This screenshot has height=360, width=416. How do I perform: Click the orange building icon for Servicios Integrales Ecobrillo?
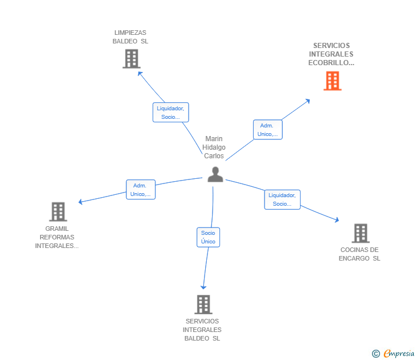pyautogui.click(x=332, y=81)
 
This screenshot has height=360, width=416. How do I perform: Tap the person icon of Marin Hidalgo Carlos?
pyautogui.click(x=215, y=174)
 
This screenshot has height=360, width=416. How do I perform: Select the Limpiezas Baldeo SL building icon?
pyautogui.click(x=131, y=58)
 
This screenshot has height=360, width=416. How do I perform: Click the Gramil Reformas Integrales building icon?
pyautogui.click(x=58, y=211)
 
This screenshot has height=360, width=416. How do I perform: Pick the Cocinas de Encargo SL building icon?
pyautogui.click(x=360, y=233)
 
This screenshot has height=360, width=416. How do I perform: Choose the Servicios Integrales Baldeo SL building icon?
pyautogui.click(x=203, y=305)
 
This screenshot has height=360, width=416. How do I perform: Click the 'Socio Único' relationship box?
pyautogui.click(x=208, y=237)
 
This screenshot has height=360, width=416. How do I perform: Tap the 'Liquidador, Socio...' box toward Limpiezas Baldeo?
pyautogui.click(x=170, y=113)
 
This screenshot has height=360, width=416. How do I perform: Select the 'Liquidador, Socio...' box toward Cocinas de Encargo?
pyautogui.click(x=282, y=199)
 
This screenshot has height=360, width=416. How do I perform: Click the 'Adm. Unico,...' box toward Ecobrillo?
pyautogui.click(x=267, y=130)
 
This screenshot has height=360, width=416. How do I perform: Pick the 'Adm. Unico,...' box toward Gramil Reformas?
pyautogui.click(x=141, y=190)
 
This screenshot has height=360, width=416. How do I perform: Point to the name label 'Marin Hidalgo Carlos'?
pyautogui.click(x=214, y=147)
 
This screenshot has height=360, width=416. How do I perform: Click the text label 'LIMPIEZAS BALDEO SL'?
pyautogui.click(x=130, y=37)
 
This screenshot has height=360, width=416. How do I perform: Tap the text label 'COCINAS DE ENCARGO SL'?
pyautogui.click(x=359, y=254)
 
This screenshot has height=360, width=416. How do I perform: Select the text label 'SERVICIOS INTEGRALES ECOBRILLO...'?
pyautogui.click(x=331, y=54)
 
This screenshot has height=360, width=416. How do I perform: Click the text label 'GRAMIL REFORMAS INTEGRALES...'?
pyautogui.click(x=57, y=237)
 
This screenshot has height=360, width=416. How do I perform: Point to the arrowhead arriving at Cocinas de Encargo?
pyautogui.click(x=337, y=220)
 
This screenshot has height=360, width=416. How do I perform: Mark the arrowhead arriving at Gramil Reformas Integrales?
pyautogui.click(x=81, y=202)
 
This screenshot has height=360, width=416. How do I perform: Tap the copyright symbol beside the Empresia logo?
pyautogui.click(x=376, y=354)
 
